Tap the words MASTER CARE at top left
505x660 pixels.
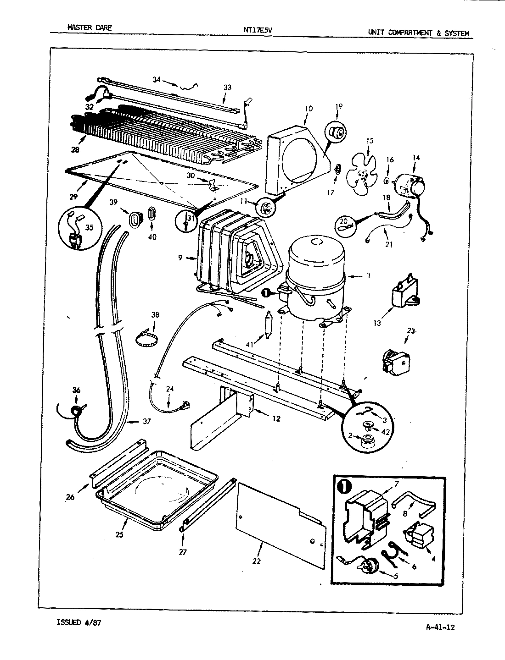tap(89, 27)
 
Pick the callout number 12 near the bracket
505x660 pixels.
tap(275, 418)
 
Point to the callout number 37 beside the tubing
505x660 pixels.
tap(146, 421)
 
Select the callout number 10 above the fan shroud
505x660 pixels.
tap(308, 109)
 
